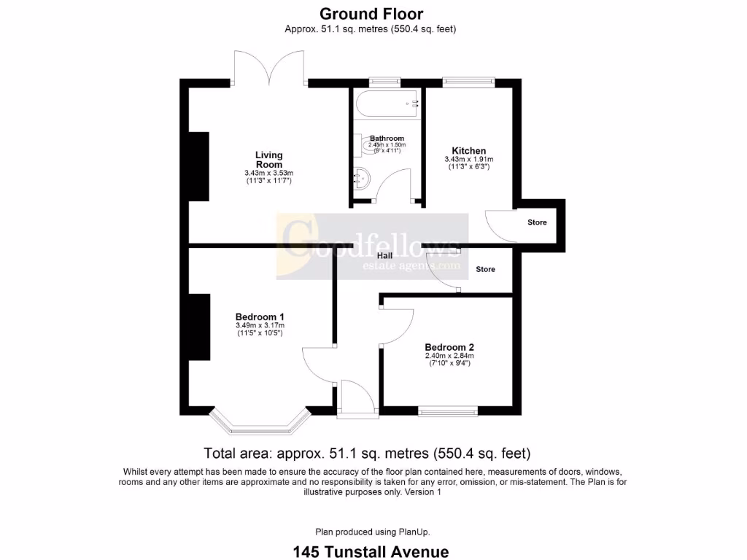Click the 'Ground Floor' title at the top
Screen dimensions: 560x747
click(x=371, y=14)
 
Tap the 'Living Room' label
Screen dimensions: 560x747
click(x=268, y=160)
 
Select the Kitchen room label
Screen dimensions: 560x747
click(x=468, y=151)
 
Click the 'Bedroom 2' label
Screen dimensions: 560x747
click(x=449, y=347)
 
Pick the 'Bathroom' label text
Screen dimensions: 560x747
click(x=387, y=138)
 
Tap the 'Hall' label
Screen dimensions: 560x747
click(x=385, y=256)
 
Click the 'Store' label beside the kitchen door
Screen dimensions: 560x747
click(x=537, y=222)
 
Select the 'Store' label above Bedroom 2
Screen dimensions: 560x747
click(x=485, y=269)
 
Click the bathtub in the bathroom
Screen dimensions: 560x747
click(x=387, y=104)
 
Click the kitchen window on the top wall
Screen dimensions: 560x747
click(x=468, y=82)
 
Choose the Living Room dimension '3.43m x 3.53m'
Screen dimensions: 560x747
click(x=268, y=173)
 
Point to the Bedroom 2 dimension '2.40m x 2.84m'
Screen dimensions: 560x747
click(x=449, y=356)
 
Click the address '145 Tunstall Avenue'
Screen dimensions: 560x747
click(x=371, y=551)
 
